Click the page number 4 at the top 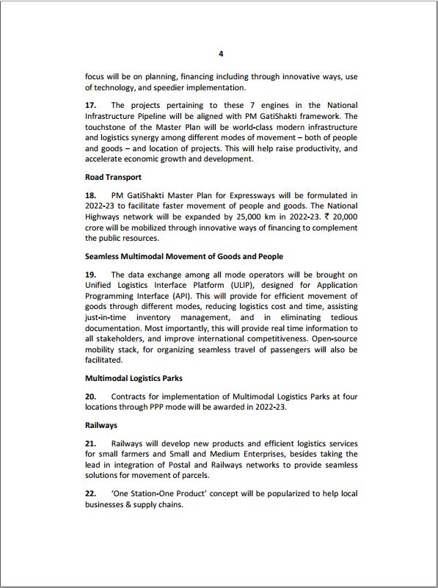221,54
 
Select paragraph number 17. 91,106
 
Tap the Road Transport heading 113,177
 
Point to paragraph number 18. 91,196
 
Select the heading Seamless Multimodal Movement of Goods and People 184,256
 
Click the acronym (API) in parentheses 192,295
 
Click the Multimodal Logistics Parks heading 134,377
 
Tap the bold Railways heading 101,425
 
